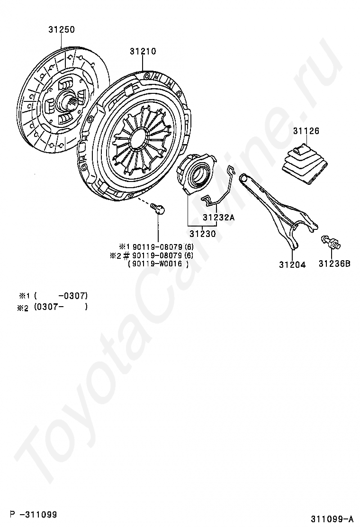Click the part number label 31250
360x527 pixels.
pyautogui.click(x=61, y=30)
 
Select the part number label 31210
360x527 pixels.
pyautogui.click(x=143, y=51)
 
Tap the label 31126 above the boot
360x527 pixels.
pyautogui.click(x=306, y=131)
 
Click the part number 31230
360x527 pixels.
pyautogui.click(x=203, y=234)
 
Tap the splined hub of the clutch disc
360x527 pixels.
pyautogui.click(x=64, y=100)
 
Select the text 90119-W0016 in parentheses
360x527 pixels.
pyautogui.click(x=158, y=264)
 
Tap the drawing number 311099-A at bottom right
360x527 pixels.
pyautogui.click(x=332, y=518)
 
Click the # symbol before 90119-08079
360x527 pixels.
pyautogui.click(x=126, y=255)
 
